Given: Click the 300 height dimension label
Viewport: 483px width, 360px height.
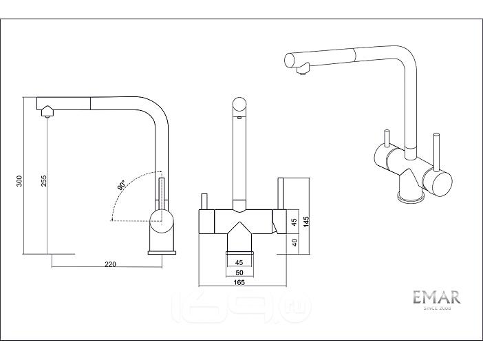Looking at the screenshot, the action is [x=19, y=181].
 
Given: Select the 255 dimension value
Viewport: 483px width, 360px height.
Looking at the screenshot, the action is [x=44, y=181].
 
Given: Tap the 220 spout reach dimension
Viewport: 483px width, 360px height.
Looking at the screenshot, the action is [x=110, y=264].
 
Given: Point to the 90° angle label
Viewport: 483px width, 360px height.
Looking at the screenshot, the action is [x=121, y=186].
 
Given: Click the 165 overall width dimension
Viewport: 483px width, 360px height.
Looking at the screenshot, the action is [x=239, y=282].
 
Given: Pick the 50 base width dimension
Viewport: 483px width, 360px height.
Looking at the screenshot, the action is [x=239, y=273].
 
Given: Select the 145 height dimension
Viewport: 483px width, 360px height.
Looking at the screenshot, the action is [x=306, y=222].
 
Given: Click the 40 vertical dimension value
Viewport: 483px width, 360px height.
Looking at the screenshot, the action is [x=294, y=242].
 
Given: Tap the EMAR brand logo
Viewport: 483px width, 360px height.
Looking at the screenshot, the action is [x=437, y=297].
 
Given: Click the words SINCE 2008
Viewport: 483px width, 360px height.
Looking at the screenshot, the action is [x=437, y=308].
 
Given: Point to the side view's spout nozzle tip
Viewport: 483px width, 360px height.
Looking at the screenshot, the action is [x=47, y=116].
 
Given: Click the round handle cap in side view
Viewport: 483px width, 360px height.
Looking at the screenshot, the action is [x=160, y=221].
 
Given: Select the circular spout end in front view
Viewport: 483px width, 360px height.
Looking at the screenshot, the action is [x=239, y=105].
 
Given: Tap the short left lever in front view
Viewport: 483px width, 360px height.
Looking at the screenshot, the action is [x=204, y=201].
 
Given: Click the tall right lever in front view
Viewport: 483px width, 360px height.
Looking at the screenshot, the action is [x=281, y=193].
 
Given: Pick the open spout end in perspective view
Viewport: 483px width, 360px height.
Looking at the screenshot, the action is [x=290, y=60].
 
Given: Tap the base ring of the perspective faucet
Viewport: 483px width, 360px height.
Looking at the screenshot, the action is [x=411, y=197].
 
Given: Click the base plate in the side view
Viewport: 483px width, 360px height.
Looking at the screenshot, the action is [x=162, y=253].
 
